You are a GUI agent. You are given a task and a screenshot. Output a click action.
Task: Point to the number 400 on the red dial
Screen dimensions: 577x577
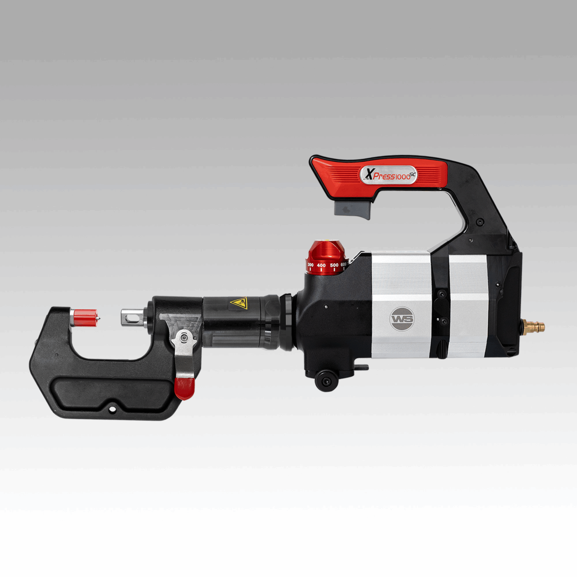coord(321,265)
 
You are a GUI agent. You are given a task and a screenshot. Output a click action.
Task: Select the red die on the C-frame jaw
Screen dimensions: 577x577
coord(86,318)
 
